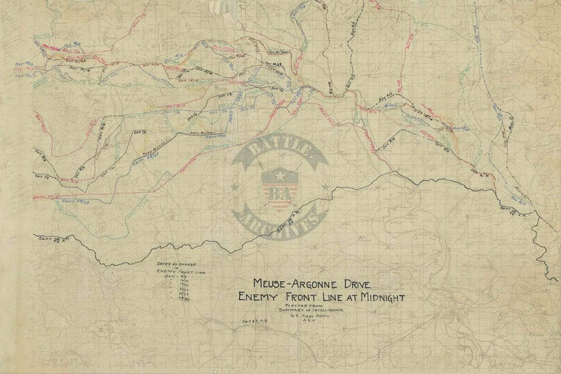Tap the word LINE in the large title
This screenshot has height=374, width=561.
pos(335,297)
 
